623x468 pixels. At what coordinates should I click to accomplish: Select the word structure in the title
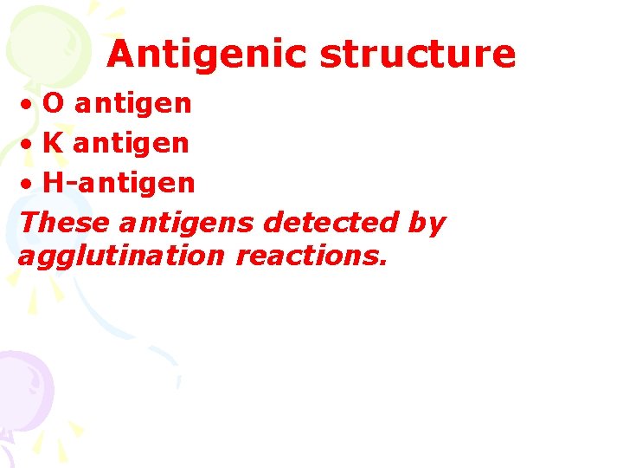click(418, 55)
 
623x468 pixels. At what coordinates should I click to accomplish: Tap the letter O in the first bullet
click(54, 104)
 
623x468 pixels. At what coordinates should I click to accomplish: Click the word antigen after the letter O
click(133, 104)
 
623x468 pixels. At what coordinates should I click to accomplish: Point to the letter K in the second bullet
click(53, 143)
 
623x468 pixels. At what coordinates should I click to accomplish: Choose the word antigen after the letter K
click(131, 143)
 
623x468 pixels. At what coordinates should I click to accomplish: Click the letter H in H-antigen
click(53, 183)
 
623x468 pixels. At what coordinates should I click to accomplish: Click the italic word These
click(65, 223)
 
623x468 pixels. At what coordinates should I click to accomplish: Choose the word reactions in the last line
click(307, 257)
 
